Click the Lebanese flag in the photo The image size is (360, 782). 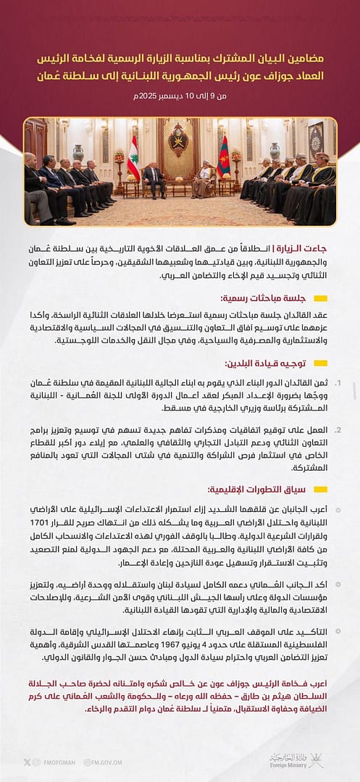pos(133,159)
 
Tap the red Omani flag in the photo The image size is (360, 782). pos(224,158)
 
